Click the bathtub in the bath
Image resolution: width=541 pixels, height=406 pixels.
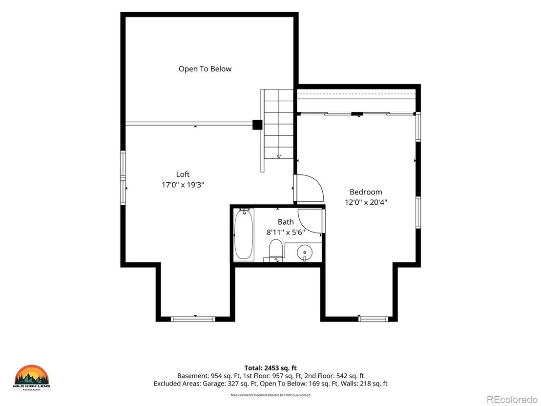(244, 235)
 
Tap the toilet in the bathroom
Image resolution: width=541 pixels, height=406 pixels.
(276, 249)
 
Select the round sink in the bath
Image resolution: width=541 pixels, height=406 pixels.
(304, 253)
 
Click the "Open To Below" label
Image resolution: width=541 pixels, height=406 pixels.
(205, 69)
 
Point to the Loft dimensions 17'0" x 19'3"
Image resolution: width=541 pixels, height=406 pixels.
(183, 185)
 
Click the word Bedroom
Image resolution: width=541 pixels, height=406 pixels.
(366, 192)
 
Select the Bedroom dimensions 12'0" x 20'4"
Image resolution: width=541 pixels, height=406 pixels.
(366, 202)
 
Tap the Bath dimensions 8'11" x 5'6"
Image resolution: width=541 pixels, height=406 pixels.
(286, 233)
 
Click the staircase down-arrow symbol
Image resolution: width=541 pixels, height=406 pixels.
(279, 157)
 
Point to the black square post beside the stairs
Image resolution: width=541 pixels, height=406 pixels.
(257, 125)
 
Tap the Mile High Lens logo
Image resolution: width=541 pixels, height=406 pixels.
(32, 378)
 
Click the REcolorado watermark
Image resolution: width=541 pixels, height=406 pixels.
(512, 400)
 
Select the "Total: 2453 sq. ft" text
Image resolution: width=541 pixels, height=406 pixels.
(270, 368)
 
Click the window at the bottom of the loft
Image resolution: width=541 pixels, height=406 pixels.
(193, 319)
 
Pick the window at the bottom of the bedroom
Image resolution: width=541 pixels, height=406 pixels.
(373, 319)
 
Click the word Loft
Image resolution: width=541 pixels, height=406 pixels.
(183, 174)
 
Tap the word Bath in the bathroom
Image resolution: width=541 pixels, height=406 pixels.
(286, 222)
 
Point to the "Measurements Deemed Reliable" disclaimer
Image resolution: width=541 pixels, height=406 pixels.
(270, 395)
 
